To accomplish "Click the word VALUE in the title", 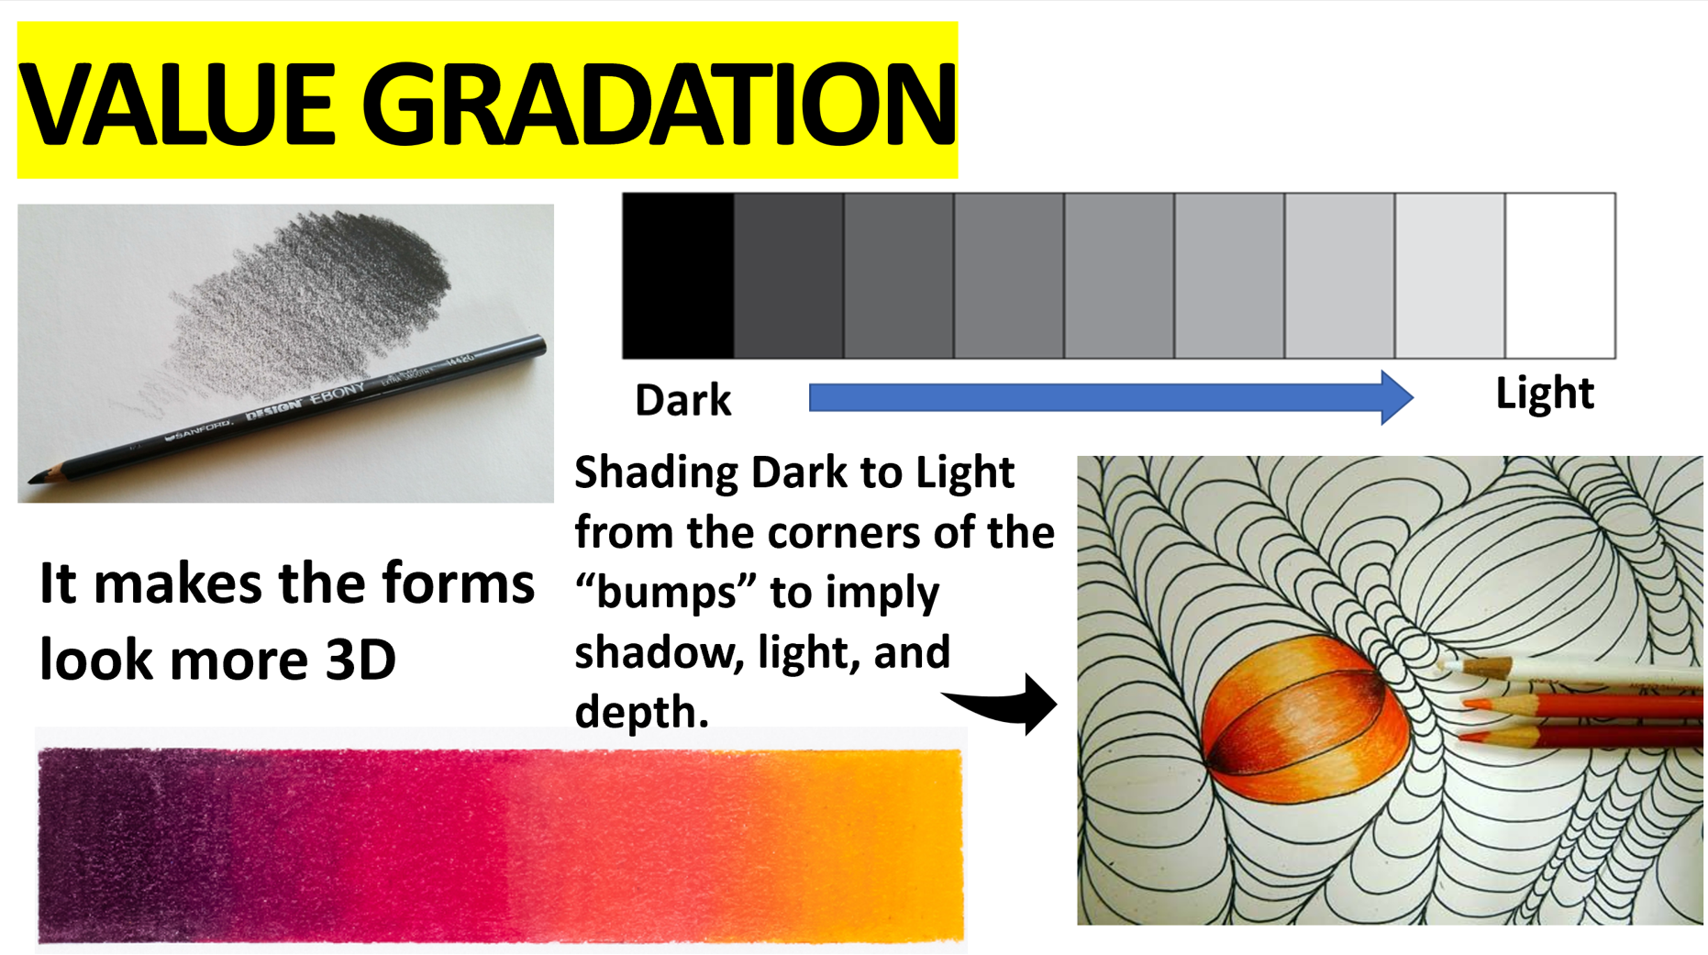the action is [177, 103].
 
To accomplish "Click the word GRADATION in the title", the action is [660, 103].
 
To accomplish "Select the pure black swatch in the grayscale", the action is [678, 275].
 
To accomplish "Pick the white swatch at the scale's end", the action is [1560, 275].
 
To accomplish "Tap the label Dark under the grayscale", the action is [682, 400].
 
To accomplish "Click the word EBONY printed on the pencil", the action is [338, 396].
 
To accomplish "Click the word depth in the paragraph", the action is [642, 712].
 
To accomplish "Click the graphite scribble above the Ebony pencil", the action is [312, 294].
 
